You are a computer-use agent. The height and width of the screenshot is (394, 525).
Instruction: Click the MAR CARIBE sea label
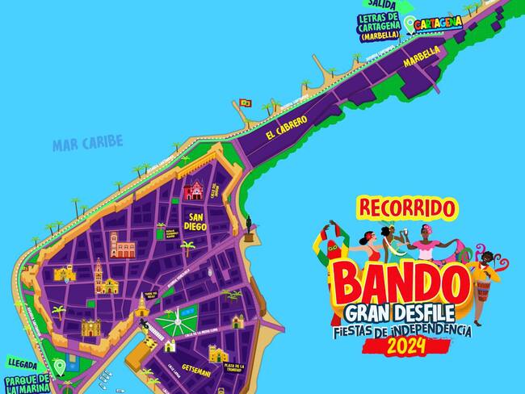(x=87, y=144)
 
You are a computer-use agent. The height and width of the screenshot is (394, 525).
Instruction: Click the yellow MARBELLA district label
(x=422, y=57)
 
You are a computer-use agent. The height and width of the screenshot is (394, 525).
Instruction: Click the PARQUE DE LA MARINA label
(x=26, y=382)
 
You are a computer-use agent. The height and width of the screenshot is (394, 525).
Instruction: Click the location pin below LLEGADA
(x=58, y=367)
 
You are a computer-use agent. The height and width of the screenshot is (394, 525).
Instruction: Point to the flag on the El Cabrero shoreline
(x=245, y=103)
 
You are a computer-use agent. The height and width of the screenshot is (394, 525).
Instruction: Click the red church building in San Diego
(x=195, y=191)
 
